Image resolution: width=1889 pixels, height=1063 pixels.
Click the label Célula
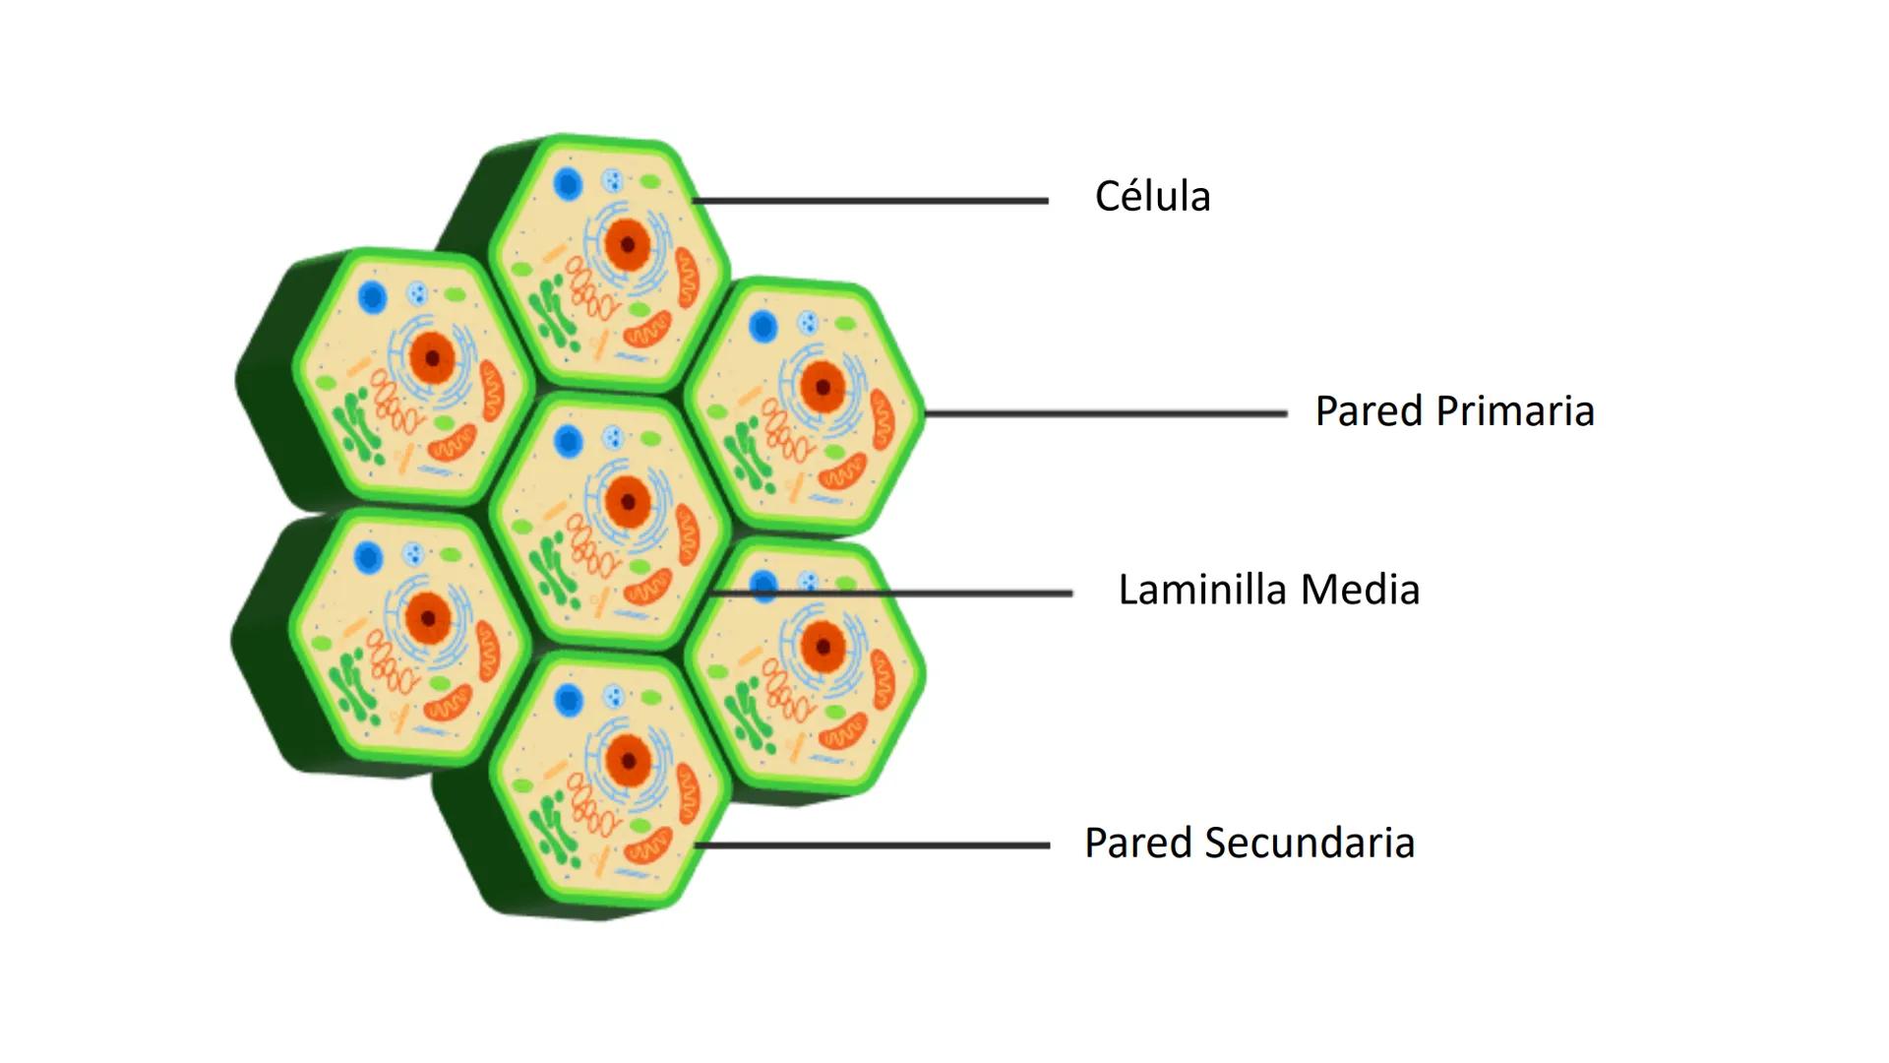pos(1152,196)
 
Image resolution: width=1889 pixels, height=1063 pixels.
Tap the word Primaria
pos(1515,411)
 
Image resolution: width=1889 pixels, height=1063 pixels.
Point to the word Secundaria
pos(1310,843)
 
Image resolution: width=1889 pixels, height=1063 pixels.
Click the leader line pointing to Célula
pos(871,201)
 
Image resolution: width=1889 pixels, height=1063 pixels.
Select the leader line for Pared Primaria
pos(1106,413)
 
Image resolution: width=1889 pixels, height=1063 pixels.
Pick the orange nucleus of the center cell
pos(627,503)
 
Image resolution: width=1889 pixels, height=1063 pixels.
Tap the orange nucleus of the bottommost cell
pos(627,761)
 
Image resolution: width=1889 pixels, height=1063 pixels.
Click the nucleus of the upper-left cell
pos(431,357)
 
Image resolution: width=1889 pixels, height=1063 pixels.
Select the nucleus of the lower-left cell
pos(428,619)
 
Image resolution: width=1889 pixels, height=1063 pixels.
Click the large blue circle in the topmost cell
pos(568,184)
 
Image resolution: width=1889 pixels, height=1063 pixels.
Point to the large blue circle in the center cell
pos(568,442)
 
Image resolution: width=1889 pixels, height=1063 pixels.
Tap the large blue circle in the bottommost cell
pos(568,700)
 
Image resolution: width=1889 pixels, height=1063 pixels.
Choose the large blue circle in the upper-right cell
pos(762,327)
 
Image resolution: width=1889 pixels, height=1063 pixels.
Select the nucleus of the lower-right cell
pos(823,647)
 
